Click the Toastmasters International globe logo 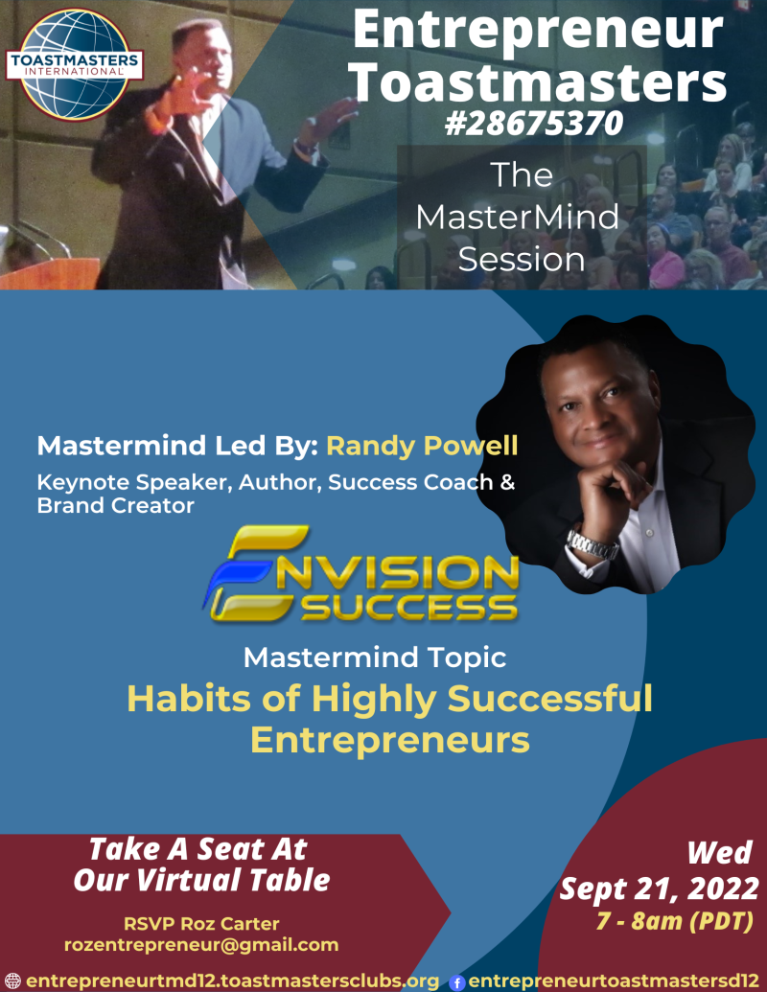point(75,64)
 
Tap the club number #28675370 point(533,123)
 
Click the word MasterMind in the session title point(517,217)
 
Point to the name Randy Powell point(422,446)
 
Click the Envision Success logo point(361,574)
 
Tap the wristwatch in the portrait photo point(592,544)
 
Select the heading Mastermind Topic point(375,657)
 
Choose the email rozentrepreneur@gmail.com point(201,945)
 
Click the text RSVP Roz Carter point(201,924)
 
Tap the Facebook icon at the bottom point(457,982)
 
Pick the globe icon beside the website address point(12,981)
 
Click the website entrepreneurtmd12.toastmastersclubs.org point(232,981)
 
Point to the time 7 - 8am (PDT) point(675,920)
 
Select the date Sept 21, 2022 point(659,888)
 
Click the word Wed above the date point(719,853)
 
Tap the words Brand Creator point(115,505)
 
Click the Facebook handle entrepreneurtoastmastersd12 point(614,981)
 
